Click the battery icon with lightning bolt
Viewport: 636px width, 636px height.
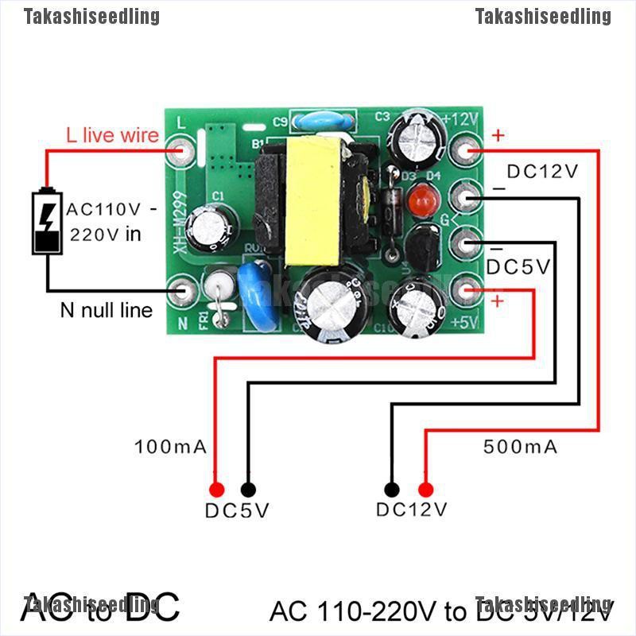47,222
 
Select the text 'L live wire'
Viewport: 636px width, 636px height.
112,136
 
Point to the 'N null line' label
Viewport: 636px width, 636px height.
106,310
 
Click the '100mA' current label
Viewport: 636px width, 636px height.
171,447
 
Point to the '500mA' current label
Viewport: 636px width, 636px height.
521,447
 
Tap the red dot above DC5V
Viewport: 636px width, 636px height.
215,489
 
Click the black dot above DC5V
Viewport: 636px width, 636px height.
248,489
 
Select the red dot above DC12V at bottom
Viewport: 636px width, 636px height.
425,489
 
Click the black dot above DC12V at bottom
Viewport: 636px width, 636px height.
391,489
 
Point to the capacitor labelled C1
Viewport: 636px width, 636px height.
216,225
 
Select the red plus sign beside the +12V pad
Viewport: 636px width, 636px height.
498,136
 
